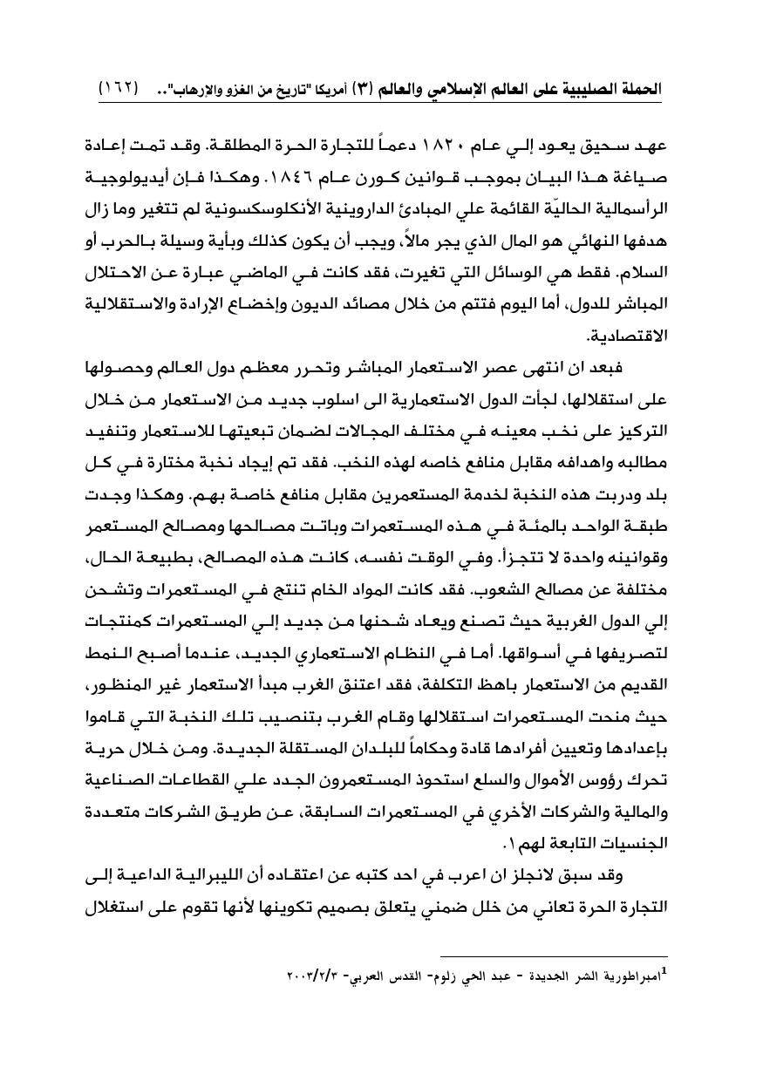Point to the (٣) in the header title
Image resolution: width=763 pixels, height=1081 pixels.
pyautogui.click(x=366, y=89)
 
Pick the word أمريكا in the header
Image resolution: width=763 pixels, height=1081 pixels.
pyautogui.click(x=334, y=89)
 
